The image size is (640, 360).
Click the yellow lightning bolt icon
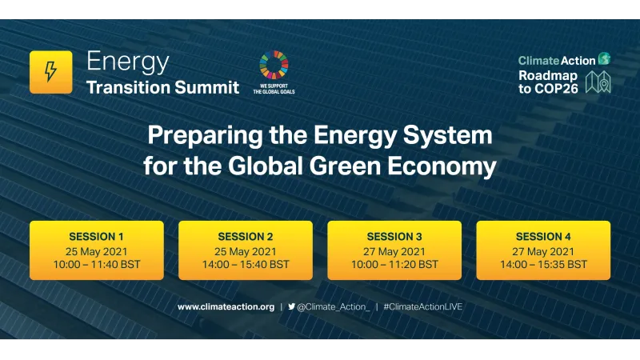pos(50,72)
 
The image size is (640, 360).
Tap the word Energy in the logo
pos(127,61)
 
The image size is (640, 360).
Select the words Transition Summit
pos(162,87)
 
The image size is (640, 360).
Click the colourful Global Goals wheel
pos(274,65)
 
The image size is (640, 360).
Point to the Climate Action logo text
pos(557,60)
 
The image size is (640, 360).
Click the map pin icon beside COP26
pos(598,82)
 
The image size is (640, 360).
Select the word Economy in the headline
pos(447,167)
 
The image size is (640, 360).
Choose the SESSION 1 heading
pos(97,237)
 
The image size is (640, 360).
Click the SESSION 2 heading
pos(246,237)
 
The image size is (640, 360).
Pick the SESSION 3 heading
pos(394,237)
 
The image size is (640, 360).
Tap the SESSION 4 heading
pos(543,237)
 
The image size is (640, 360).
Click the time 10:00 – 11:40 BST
pos(97,264)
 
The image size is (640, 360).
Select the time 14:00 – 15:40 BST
pos(246,264)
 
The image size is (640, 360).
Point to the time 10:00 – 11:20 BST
pos(394,264)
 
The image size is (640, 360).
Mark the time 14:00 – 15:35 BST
pos(543,264)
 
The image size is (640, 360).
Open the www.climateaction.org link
pos(226,306)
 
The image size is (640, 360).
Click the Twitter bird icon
pos(291,306)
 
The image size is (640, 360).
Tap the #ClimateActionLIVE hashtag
pos(423,306)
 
